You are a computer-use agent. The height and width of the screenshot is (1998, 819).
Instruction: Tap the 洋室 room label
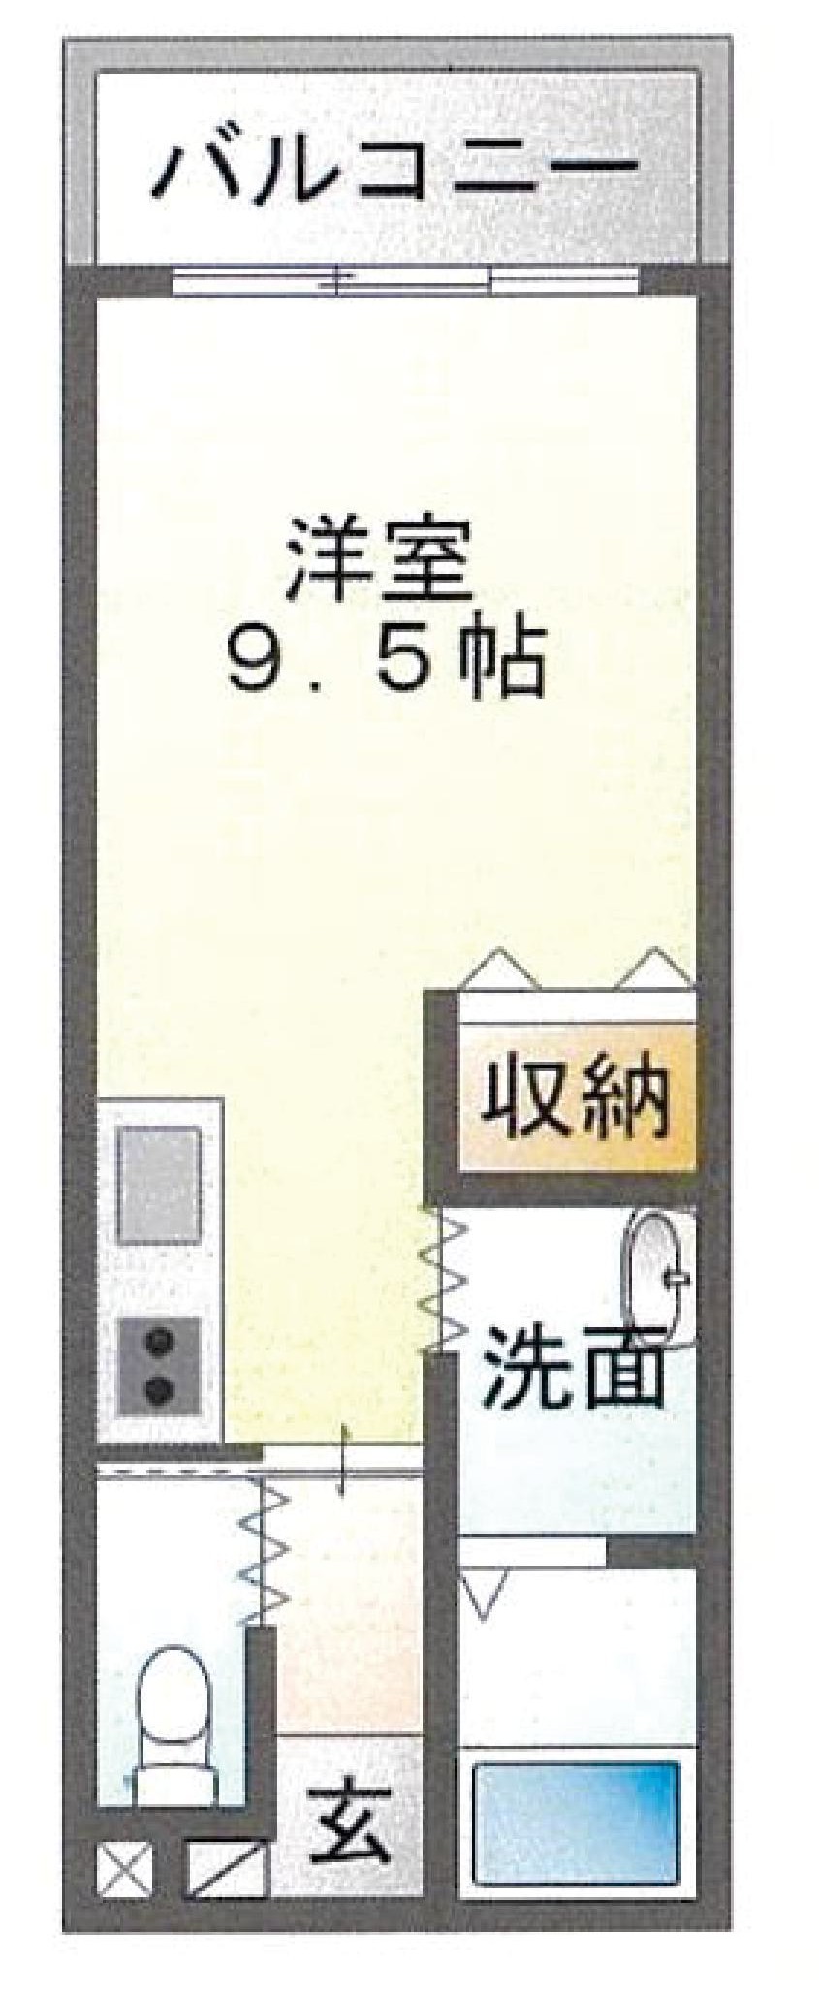coord(379,563)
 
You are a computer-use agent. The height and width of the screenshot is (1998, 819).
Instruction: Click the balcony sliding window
coord(407,280)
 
